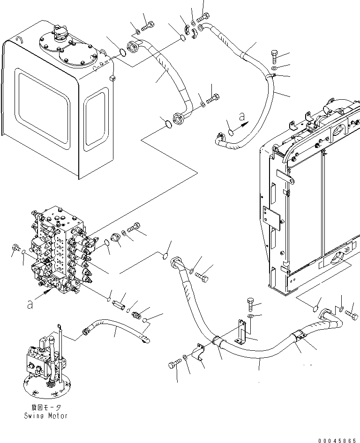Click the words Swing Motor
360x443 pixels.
pos(45,416)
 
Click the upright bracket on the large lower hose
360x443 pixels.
pos(243,333)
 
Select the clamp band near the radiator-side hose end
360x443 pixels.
pos(298,337)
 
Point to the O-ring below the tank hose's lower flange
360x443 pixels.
pos(167,124)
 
